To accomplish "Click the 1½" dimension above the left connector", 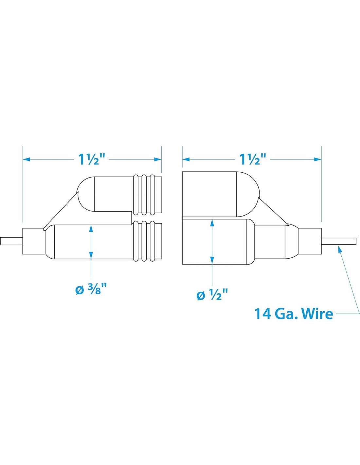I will point(92,159).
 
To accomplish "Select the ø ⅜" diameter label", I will point(91,289).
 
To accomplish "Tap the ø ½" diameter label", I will point(212,295).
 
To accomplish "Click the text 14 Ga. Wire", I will point(294,314).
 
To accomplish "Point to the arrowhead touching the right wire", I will point(340,249).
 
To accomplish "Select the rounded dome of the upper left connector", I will point(85,194).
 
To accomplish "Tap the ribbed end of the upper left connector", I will point(147,195).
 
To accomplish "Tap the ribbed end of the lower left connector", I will point(147,241).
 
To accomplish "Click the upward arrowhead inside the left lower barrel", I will point(91,229).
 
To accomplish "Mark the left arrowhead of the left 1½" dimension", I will point(26,159).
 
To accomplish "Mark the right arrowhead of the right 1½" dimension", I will point(318,159).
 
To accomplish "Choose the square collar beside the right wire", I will point(310,241).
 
